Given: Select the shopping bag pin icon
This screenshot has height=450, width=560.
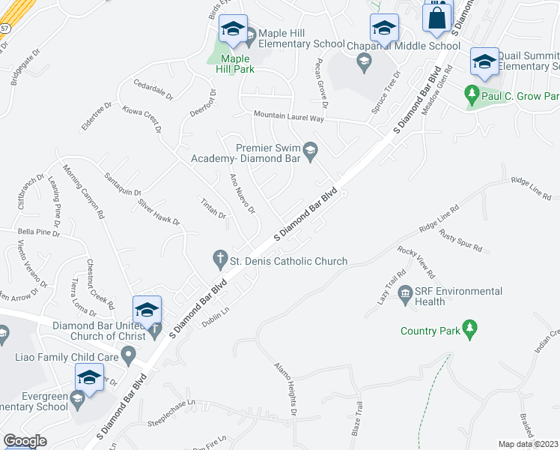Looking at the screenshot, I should point(437,16).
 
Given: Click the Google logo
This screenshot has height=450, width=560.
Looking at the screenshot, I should point(25,441).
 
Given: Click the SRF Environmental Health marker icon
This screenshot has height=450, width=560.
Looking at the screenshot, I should point(406,292).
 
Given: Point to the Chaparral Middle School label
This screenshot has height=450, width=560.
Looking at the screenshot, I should point(404,46).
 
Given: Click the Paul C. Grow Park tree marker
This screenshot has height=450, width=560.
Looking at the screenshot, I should point(472,94).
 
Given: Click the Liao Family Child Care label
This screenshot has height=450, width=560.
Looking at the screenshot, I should point(67,357).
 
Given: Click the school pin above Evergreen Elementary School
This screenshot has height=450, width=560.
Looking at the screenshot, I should point(88,378).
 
